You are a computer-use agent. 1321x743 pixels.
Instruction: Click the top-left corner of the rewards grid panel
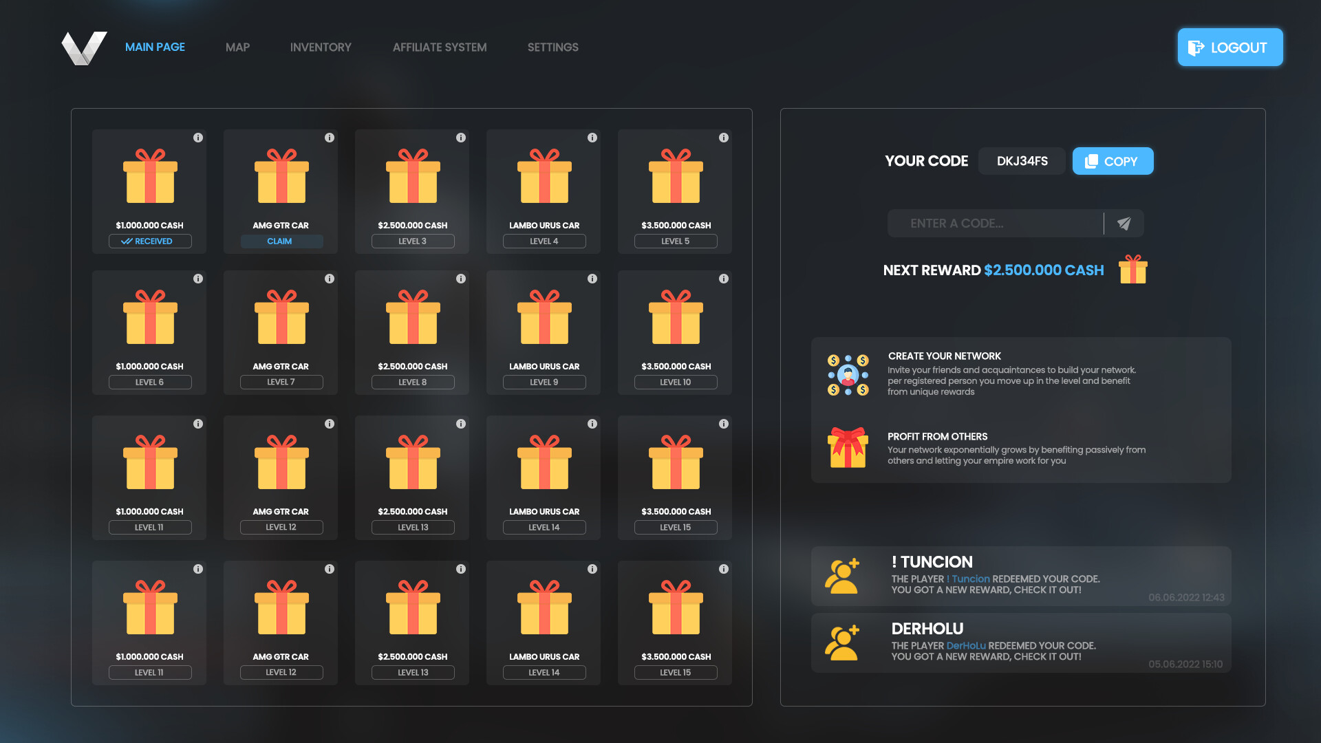(x=72, y=109)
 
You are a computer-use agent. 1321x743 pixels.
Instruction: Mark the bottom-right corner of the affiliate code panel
(x=1265, y=706)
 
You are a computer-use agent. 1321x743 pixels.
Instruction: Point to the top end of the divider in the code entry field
(x=1104, y=213)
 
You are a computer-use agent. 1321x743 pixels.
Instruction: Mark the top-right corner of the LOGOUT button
(x=1282, y=29)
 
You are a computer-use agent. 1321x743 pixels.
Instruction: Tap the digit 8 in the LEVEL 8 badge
(x=424, y=383)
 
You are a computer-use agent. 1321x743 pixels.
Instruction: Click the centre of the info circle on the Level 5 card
(x=724, y=138)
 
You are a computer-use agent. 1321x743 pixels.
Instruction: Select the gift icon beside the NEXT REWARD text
(x=1133, y=269)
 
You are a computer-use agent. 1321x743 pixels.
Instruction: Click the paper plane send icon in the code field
(x=1124, y=224)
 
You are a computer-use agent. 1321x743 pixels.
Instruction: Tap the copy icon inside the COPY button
(x=1091, y=162)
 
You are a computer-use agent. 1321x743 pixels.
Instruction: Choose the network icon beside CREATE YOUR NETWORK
(x=848, y=375)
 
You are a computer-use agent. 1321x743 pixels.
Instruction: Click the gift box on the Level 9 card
(x=544, y=317)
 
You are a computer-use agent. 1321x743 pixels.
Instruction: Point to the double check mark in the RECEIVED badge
(x=127, y=241)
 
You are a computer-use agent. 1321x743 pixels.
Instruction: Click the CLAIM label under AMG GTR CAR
(x=279, y=241)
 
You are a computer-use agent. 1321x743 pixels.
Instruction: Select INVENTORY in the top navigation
(x=321, y=47)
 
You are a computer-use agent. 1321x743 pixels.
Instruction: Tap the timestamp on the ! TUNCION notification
(x=1186, y=597)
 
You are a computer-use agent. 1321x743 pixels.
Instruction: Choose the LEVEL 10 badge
(x=676, y=383)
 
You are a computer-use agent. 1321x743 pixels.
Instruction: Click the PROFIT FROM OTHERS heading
(x=937, y=437)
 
